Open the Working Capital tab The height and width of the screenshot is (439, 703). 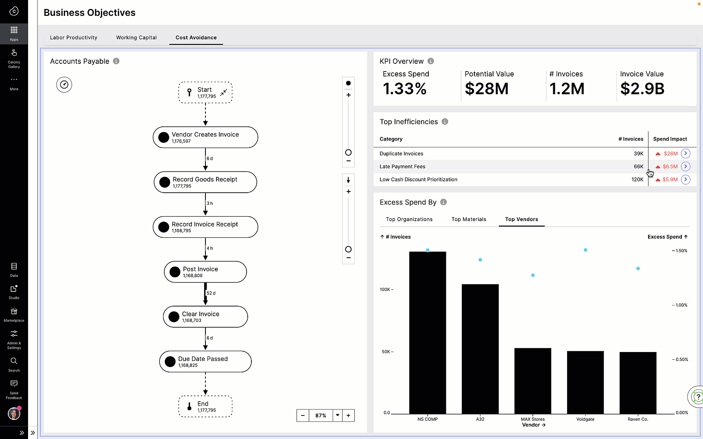point(136,37)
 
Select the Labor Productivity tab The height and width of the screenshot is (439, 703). point(74,37)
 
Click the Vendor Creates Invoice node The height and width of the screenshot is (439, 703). point(205,137)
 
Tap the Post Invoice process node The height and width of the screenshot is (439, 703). point(205,272)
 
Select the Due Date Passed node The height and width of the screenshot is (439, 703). point(205,361)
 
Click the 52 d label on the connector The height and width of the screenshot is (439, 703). point(211,293)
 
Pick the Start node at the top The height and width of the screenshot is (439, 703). point(205,92)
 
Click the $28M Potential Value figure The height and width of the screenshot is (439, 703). point(487,89)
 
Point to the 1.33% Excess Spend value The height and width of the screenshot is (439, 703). point(405,89)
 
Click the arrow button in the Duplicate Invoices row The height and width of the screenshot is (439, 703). point(686,153)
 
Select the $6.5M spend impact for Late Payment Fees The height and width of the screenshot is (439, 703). point(670,167)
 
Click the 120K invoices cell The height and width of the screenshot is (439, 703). point(637,180)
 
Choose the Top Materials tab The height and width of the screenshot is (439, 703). point(469,219)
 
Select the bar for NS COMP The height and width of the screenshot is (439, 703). point(428,333)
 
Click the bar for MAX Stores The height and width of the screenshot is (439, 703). point(533,380)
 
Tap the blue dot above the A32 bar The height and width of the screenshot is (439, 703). point(480,260)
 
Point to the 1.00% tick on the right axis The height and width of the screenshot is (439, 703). point(681,305)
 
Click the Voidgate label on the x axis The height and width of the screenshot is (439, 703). point(585,419)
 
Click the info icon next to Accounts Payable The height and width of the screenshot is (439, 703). point(116,61)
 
